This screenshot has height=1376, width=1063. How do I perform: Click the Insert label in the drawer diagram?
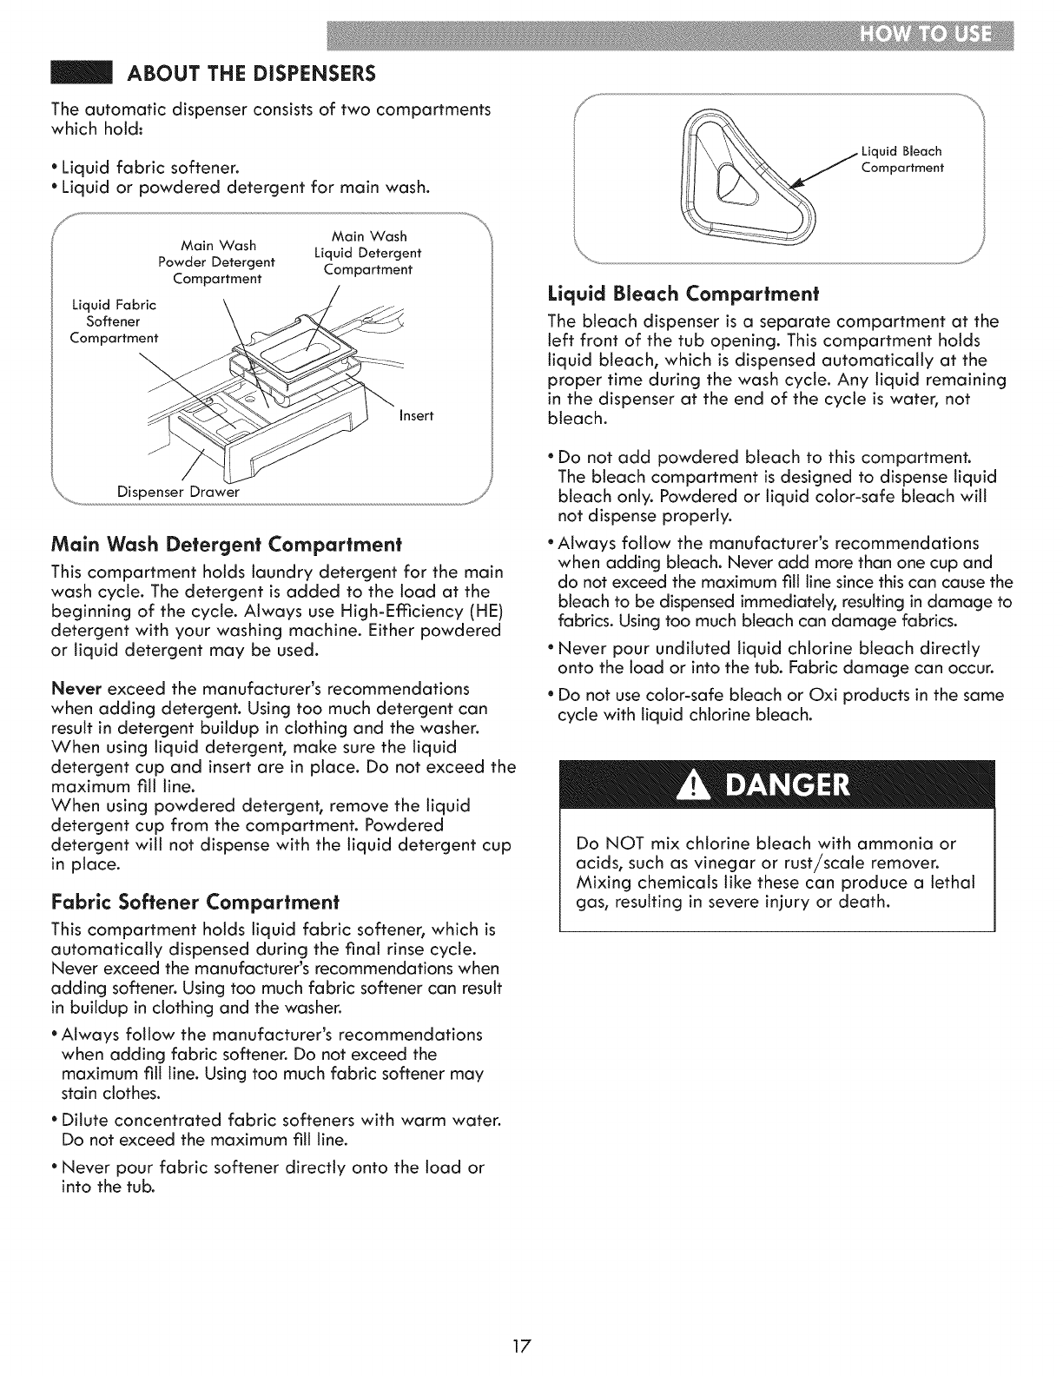(x=416, y=415)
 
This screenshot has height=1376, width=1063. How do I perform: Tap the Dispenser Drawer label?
(x=178, y=493)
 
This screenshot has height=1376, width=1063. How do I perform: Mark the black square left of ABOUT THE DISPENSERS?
(x=80, y=71)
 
